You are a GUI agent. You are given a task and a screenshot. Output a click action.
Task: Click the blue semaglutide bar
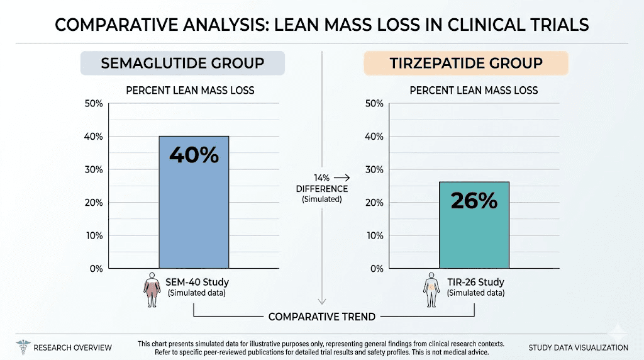[x=194, y=214]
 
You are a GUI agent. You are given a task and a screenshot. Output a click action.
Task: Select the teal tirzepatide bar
[x=474, y=239]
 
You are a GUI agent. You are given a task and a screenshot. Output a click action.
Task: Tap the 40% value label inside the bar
[x=194, y=154]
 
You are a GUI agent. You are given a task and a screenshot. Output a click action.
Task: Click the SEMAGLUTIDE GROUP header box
[x=182, y=64]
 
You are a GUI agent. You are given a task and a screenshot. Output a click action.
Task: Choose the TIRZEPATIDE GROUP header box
[x=466, y=64]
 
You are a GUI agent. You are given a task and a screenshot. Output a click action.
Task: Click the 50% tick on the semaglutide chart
[x=93, y=103]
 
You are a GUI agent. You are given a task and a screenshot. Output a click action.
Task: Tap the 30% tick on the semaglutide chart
[x=93, y=169]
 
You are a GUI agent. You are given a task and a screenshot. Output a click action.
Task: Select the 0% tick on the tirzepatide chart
[x=376, y=269]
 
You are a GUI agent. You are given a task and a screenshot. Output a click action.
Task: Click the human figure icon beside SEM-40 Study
[x=151, y=290]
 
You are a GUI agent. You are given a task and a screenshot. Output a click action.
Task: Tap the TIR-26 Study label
[x=475, y=283]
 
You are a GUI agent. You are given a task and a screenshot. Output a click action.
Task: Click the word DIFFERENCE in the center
[x=322, y=189]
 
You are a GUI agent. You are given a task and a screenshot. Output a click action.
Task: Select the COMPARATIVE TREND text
[x=321, y=317]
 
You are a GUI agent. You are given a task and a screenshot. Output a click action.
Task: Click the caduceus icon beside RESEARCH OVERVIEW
[x=23, y=347]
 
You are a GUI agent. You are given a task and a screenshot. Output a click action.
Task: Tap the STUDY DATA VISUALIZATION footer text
[x=578, y=347]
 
